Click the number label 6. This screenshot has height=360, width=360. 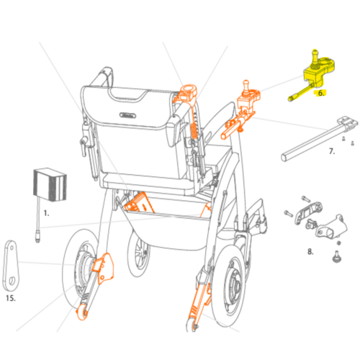(321, 93)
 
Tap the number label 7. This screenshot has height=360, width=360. (332, 151)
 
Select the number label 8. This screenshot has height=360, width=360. (310, 251)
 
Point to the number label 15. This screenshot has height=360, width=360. (11, 298)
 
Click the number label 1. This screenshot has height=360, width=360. (46, 213)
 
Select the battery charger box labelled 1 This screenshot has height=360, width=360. (50, 184)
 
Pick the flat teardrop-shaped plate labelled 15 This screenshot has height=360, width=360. (11, 265)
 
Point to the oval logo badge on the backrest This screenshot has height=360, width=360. (127, 115)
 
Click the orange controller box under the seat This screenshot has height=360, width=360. (139, 203)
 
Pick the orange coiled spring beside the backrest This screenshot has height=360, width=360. (194, 130)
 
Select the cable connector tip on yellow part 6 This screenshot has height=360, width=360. (291, 99)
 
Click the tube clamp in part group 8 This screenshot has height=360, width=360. (332, 228)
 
